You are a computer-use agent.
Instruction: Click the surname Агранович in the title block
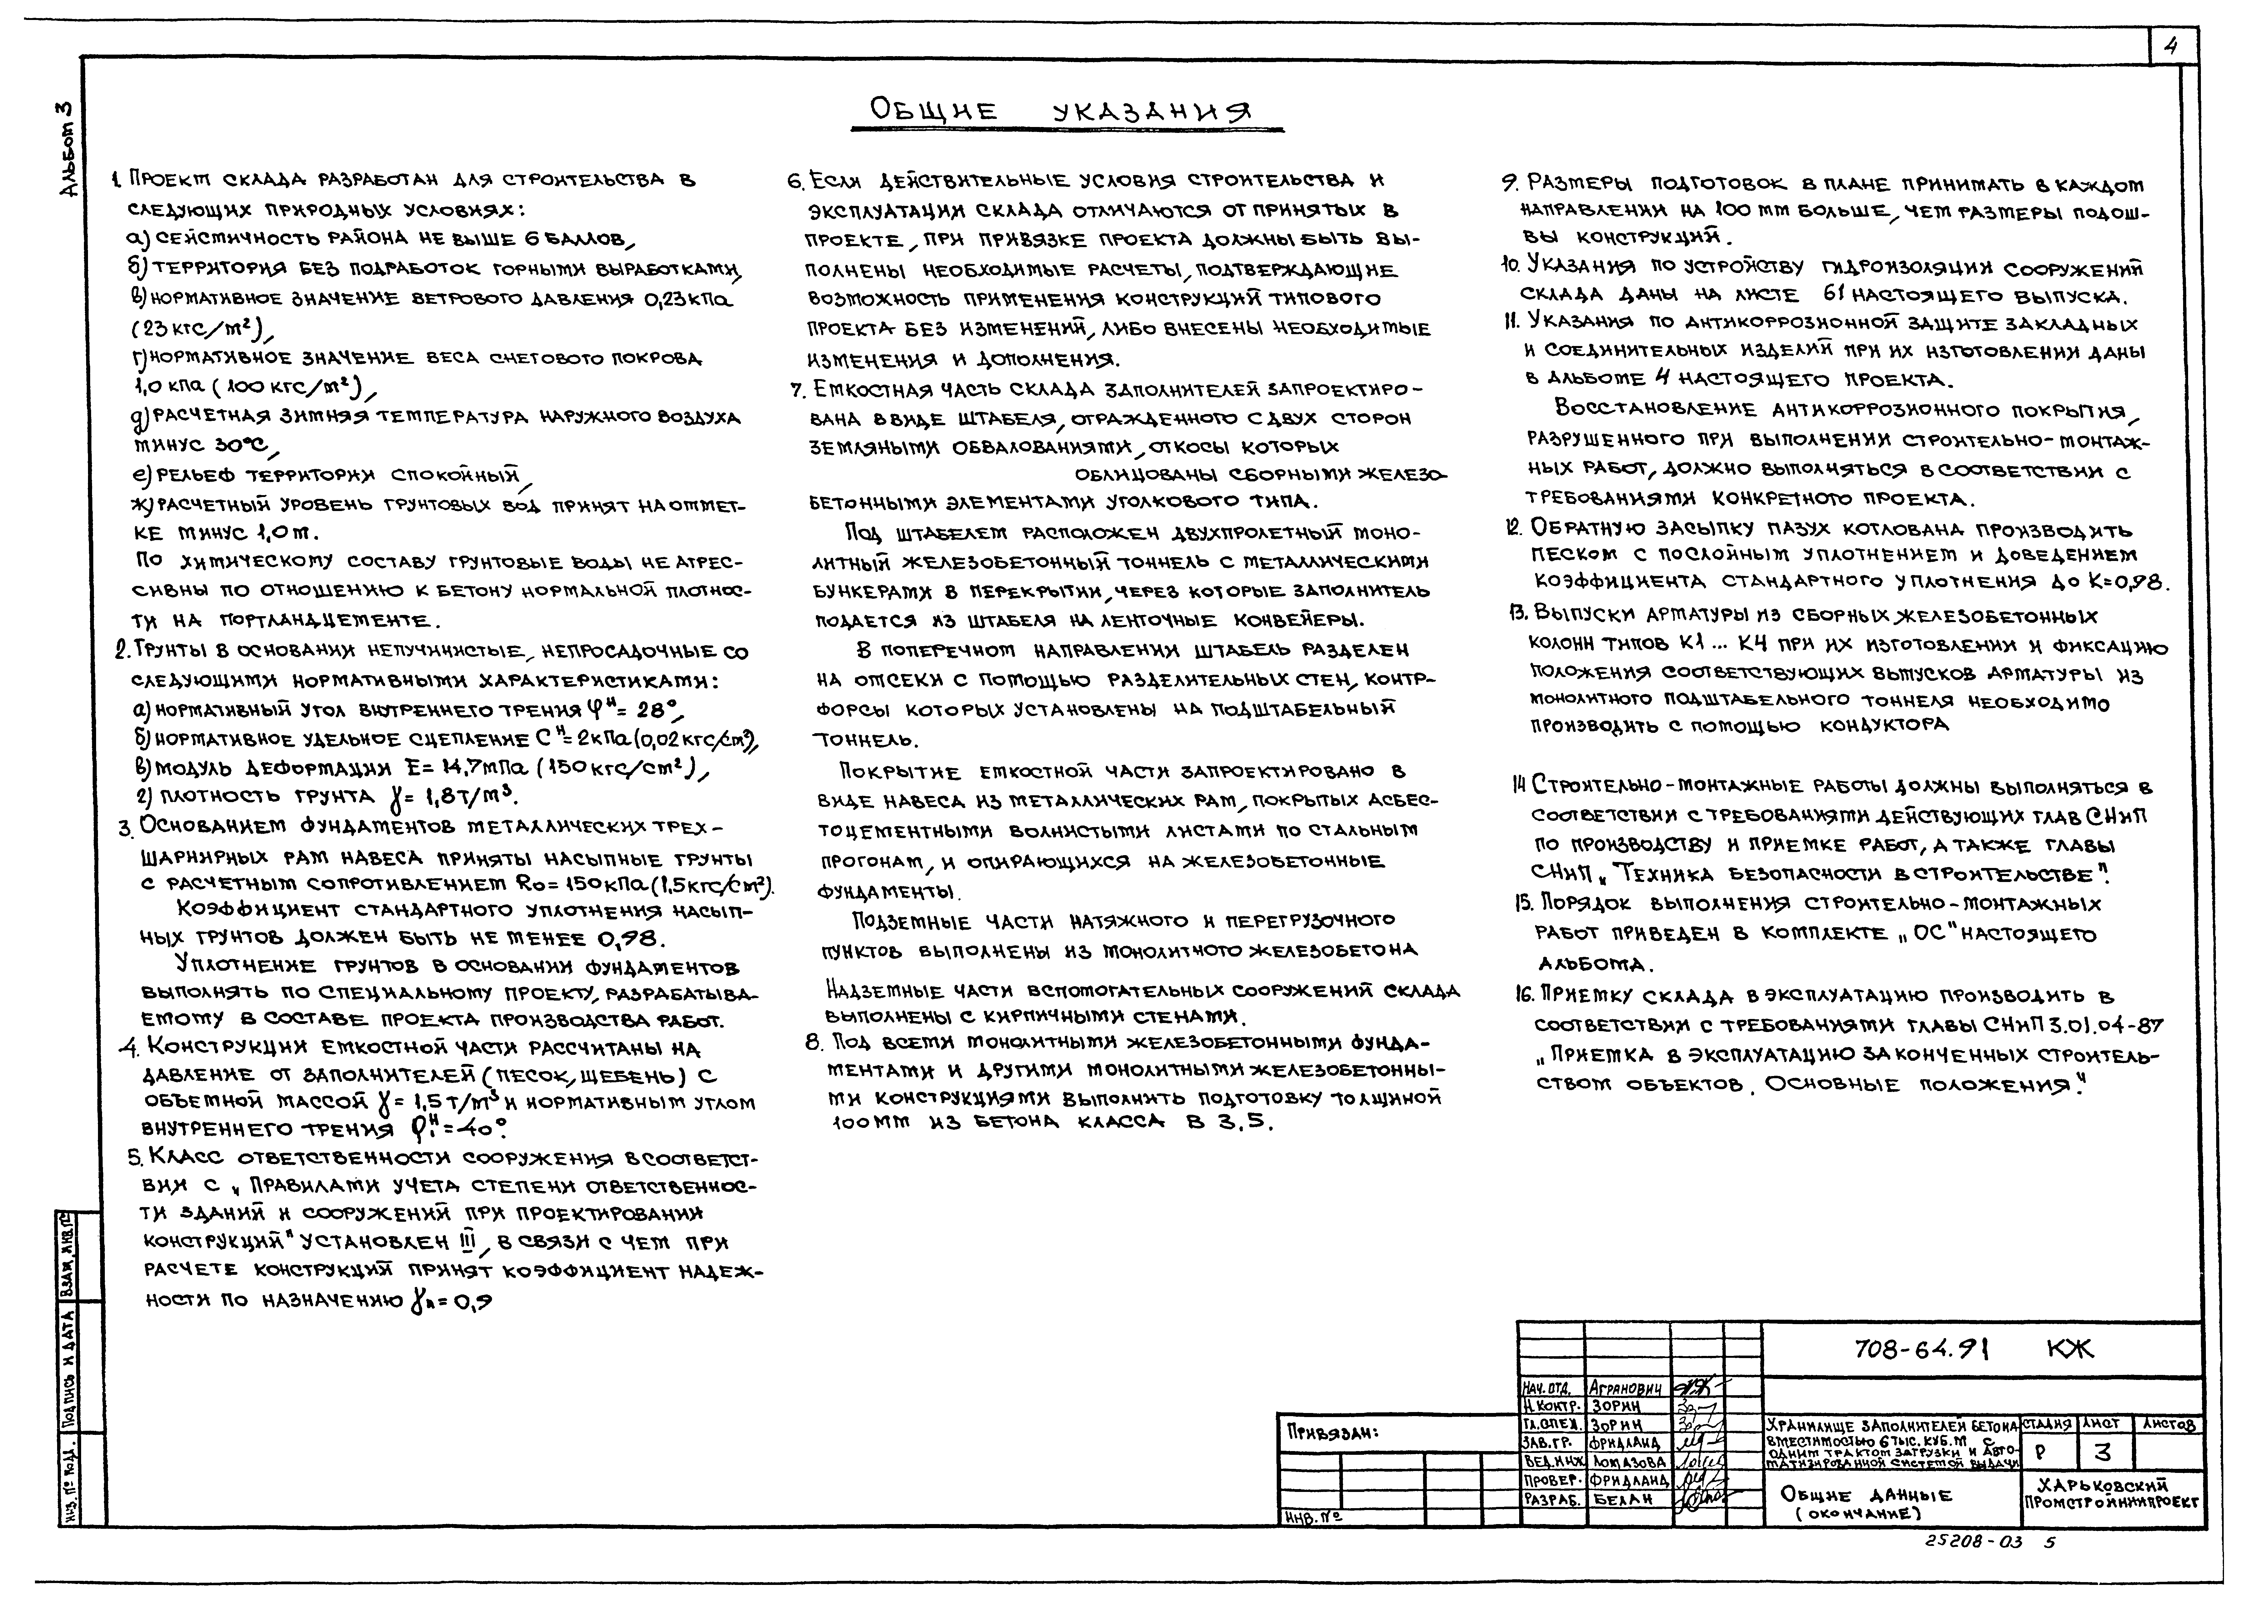[1628, 1388]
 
